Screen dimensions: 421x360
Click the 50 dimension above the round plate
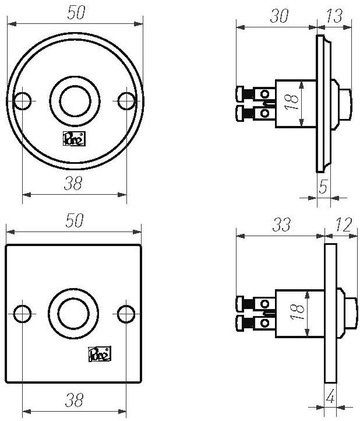pos(75,13)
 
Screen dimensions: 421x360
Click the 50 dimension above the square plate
pos(75,221)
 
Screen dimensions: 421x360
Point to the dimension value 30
pos(279,16)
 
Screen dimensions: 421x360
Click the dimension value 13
pos(335,16)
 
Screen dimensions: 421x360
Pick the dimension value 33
pos(281,225)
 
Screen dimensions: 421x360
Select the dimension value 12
pos(343,225)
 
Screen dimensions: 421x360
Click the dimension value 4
pos(330,398)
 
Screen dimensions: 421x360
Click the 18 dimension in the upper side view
pos(294,103)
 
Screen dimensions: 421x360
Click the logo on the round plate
pos(72,139)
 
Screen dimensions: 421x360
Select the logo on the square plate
pos(99,353)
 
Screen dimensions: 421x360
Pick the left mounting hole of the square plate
pos(22,314)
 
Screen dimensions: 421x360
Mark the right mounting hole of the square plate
pos(125,314)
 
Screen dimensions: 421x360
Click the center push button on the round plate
pos(74,101)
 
